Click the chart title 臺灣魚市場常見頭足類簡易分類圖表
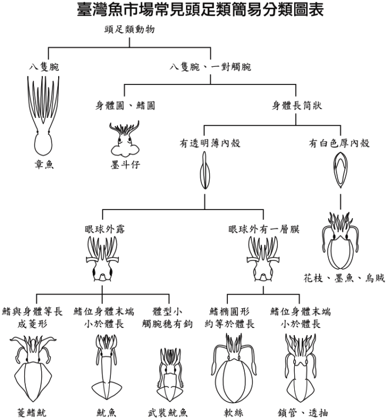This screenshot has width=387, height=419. click(200, 10)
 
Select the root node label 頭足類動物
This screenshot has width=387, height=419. click(130, 29)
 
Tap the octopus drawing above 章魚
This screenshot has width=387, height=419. click(43, 116)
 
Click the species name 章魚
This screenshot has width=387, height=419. click(44, 165)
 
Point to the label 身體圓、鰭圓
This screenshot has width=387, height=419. click(125, 105)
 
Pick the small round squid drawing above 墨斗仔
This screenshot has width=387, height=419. click(125, 139)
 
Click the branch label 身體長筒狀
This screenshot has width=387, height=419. click(297, 105)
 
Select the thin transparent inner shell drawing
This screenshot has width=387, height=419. click(205, 170)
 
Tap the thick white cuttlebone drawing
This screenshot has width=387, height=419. click(340, 169)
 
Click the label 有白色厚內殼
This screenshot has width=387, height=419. click(339, 143)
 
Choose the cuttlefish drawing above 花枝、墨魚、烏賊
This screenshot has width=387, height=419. click(340, 241)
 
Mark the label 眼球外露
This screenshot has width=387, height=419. click(105, 229)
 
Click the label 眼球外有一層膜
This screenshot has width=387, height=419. click(263, 229)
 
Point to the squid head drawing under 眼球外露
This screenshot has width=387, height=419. click(103, 259)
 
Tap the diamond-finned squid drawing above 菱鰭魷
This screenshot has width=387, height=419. click(33, 369)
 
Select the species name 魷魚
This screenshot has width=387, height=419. click(106, 413)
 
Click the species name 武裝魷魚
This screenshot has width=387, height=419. click(167, 413)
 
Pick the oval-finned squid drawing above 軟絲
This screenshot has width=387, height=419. click(234, 368)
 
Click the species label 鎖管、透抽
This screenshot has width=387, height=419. click(303, 413)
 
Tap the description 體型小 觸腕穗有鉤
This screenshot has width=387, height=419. click(167, 318)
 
